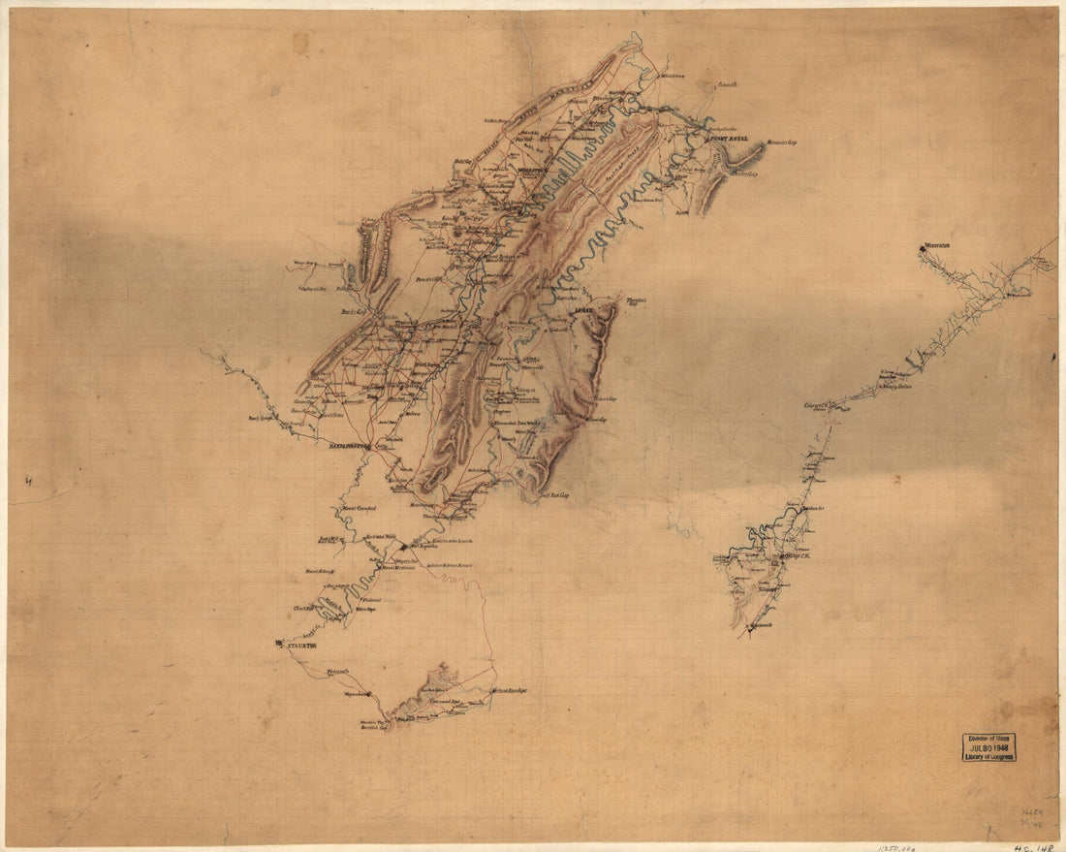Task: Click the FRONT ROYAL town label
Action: pos(733,141)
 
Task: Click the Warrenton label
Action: pos(939,247)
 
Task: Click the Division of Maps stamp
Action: pos(988,739)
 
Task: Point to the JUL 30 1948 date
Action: pos(988,747)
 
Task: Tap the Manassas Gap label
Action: pos(781,142)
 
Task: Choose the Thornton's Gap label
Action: pos(636,300)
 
